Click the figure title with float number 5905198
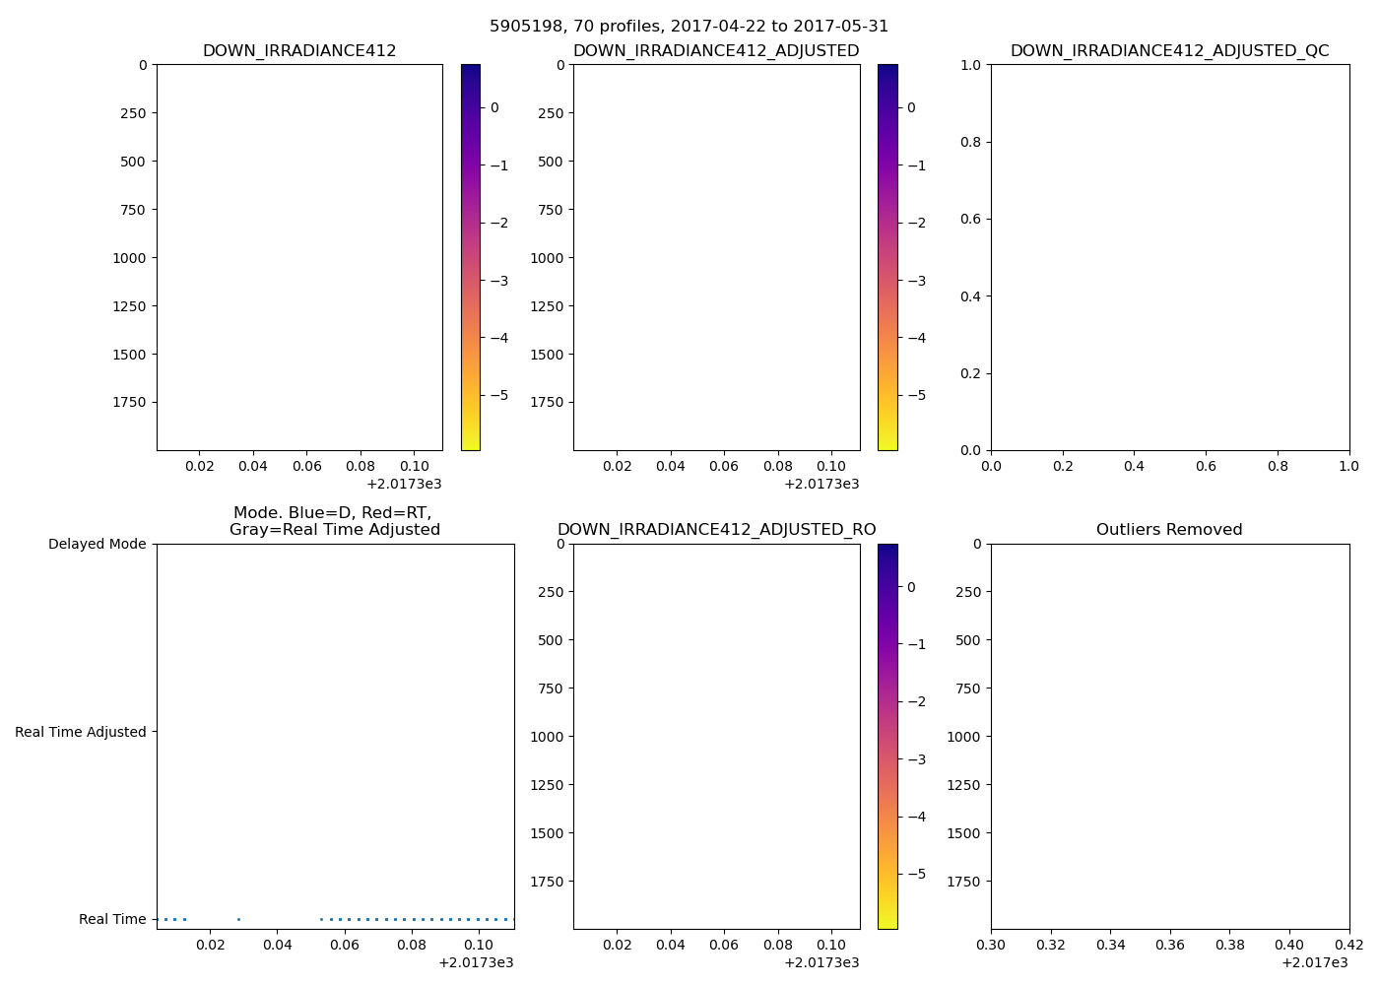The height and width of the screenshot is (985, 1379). tap(689, 27)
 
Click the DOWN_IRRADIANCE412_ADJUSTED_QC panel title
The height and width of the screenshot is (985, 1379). tap(1169, 51)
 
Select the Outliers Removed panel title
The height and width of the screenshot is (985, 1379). tap(1169, 530)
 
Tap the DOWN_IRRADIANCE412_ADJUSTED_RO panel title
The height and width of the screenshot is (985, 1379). tap(716, 530)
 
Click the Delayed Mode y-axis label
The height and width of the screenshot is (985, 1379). tap(97, 544)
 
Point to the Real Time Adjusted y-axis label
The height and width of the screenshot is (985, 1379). tap(81, 732)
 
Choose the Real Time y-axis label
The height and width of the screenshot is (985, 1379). tap(112, 919)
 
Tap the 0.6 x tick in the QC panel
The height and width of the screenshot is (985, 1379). tap(1206, 466)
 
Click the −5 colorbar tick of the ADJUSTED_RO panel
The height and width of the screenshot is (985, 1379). tap(916, 874)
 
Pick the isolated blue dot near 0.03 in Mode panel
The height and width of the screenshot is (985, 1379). tap(238, 919)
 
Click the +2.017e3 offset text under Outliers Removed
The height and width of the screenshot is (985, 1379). tap(1314, 962)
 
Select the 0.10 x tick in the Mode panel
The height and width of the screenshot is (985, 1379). tap(479, 945)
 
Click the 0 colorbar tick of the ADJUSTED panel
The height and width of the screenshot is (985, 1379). tap(911, 107)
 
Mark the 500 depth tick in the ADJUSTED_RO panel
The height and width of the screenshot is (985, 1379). tap(550, 640)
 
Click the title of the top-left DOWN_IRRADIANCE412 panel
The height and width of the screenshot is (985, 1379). tap(299, 51)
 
